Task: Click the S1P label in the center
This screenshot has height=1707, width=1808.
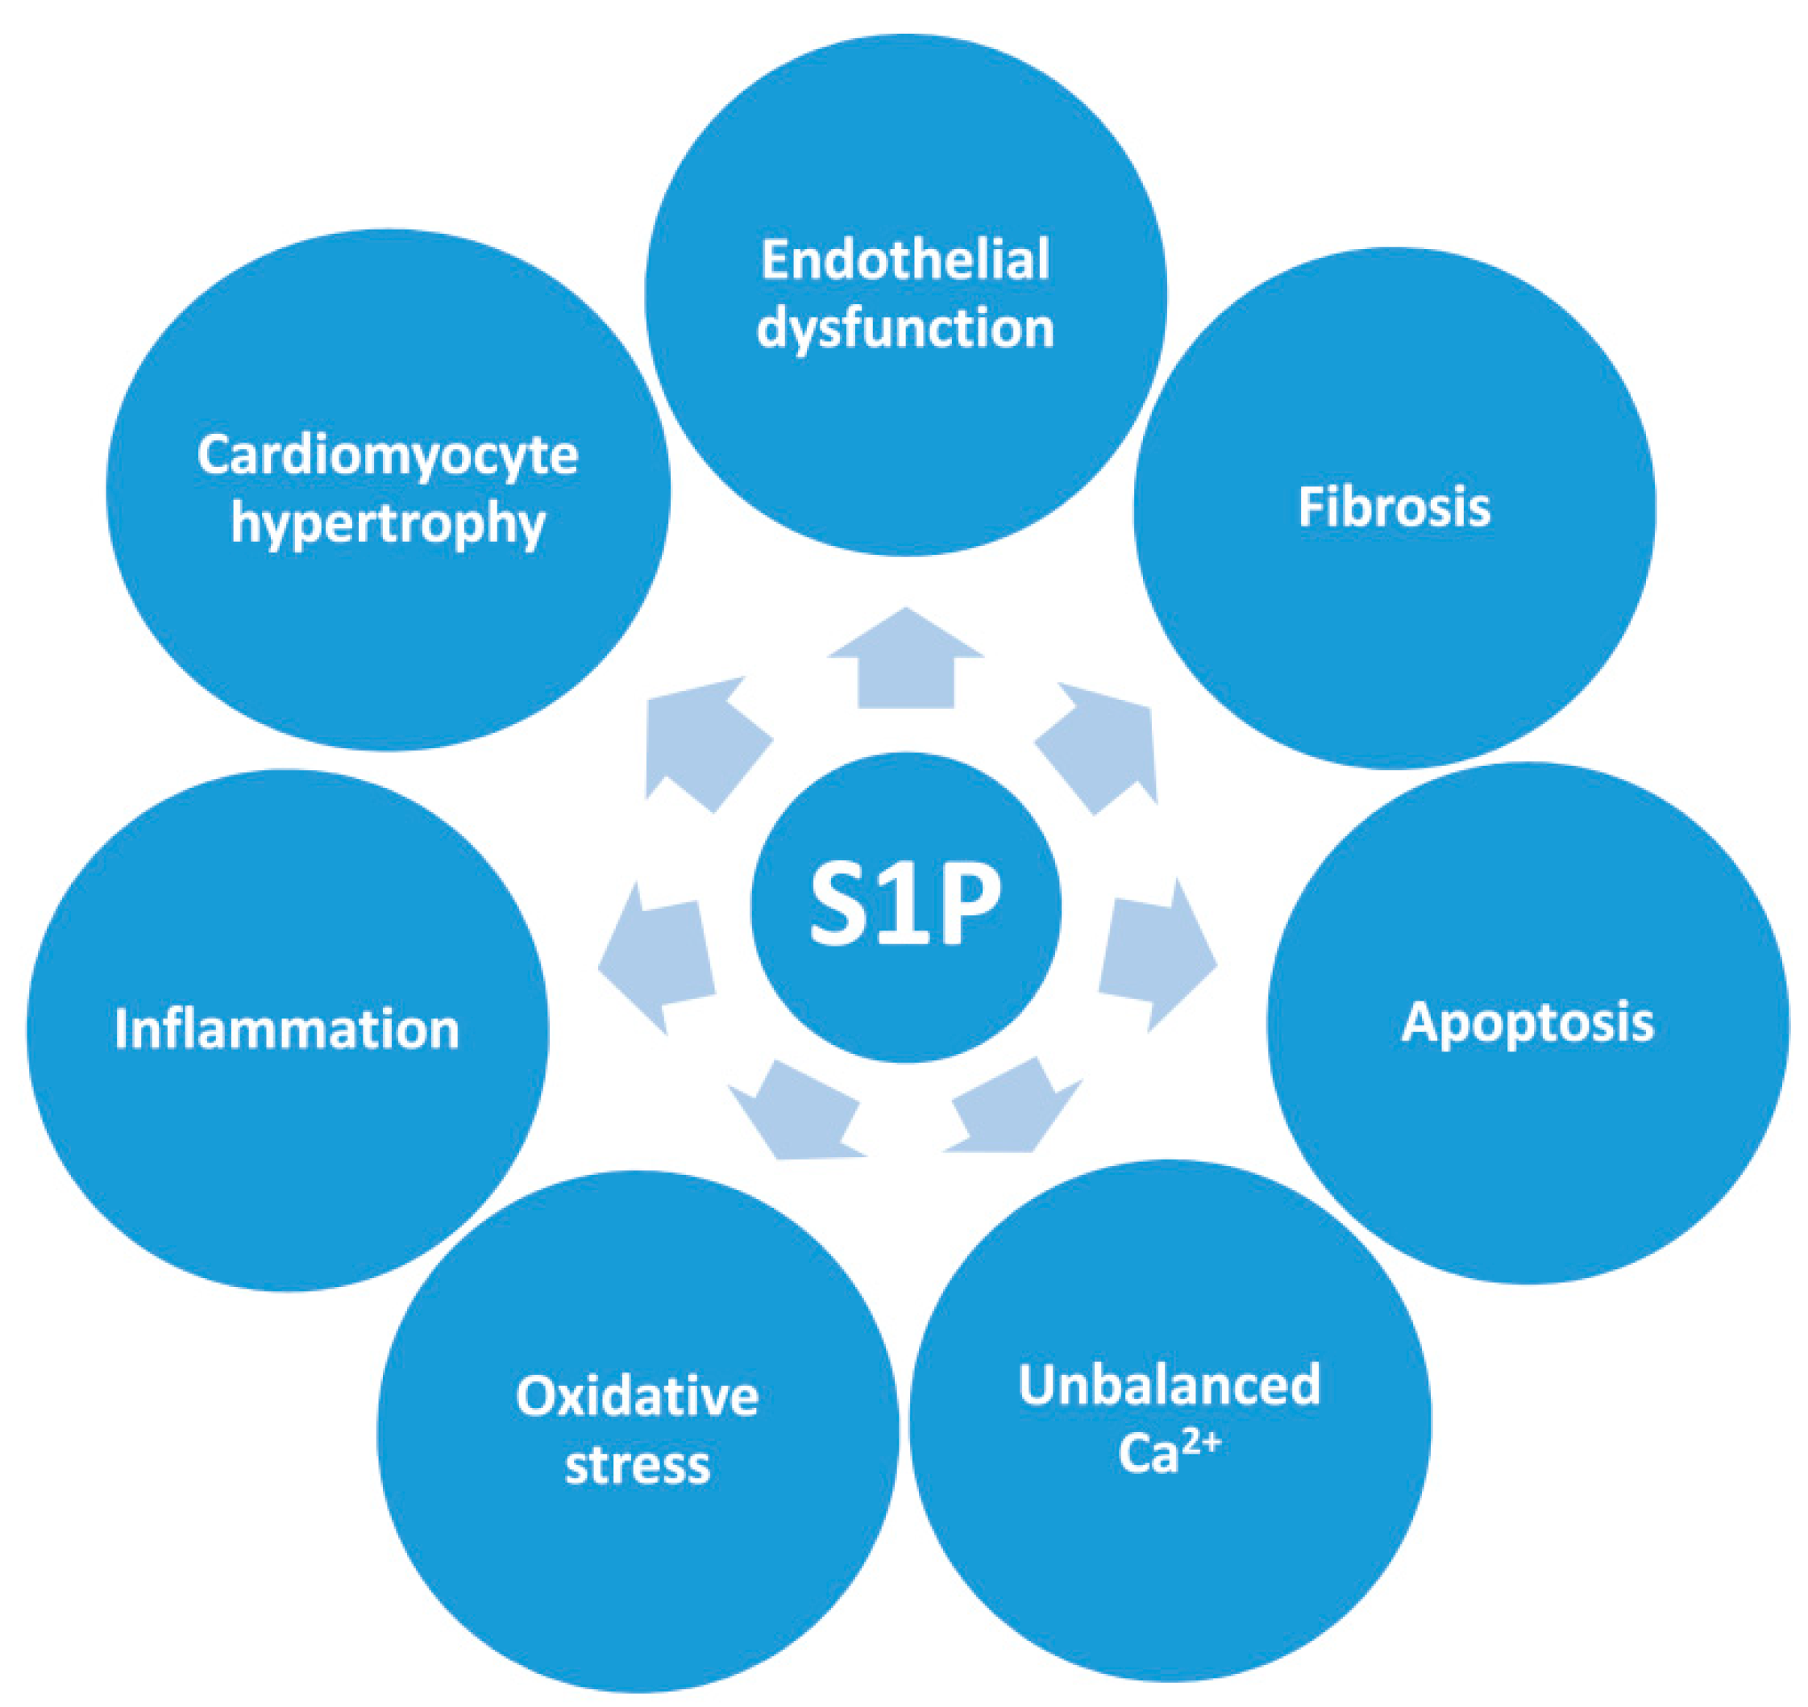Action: [905, 906]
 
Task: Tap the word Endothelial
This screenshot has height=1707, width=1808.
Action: [905, 260]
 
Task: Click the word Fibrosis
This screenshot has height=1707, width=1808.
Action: [1394, 507]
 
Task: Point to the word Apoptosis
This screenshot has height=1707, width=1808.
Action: [1527, 1022]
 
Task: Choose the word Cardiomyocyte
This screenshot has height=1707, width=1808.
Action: [388, 455]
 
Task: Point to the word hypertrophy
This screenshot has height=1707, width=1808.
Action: [388, 524]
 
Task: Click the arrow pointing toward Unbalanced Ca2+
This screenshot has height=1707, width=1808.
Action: [1009, 1110]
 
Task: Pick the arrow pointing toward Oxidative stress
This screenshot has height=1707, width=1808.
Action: [796, 1114]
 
